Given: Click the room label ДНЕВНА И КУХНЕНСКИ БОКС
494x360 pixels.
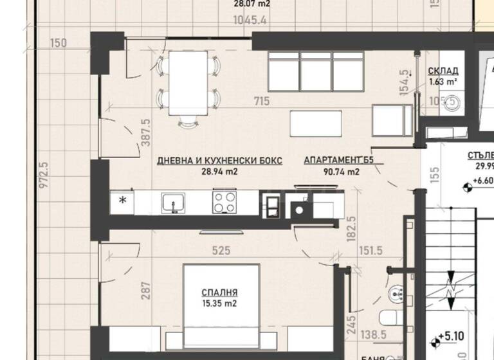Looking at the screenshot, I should (x=219, y=161).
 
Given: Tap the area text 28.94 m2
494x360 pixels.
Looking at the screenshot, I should (x=219, y=172).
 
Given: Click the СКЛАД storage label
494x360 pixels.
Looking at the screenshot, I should (x=443, y=71).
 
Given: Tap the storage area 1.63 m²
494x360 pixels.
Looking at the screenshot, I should (x=443, y=82).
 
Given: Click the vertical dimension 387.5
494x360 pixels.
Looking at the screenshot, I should (x=145, y=134).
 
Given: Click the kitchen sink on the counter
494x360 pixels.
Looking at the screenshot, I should (x=171, y=203).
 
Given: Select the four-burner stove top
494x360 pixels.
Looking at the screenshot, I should (x=226, y=203).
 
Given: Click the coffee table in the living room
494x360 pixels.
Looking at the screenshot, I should (x=317, y=123).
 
